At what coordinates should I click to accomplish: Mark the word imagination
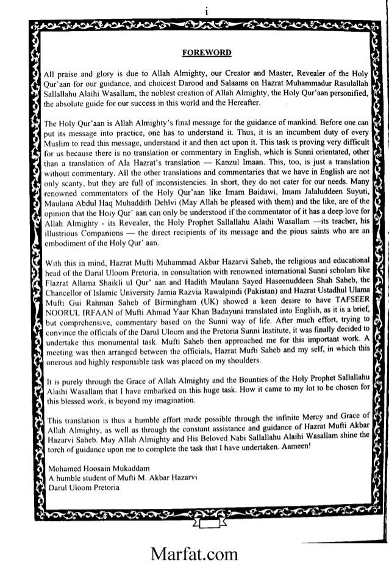173,400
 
